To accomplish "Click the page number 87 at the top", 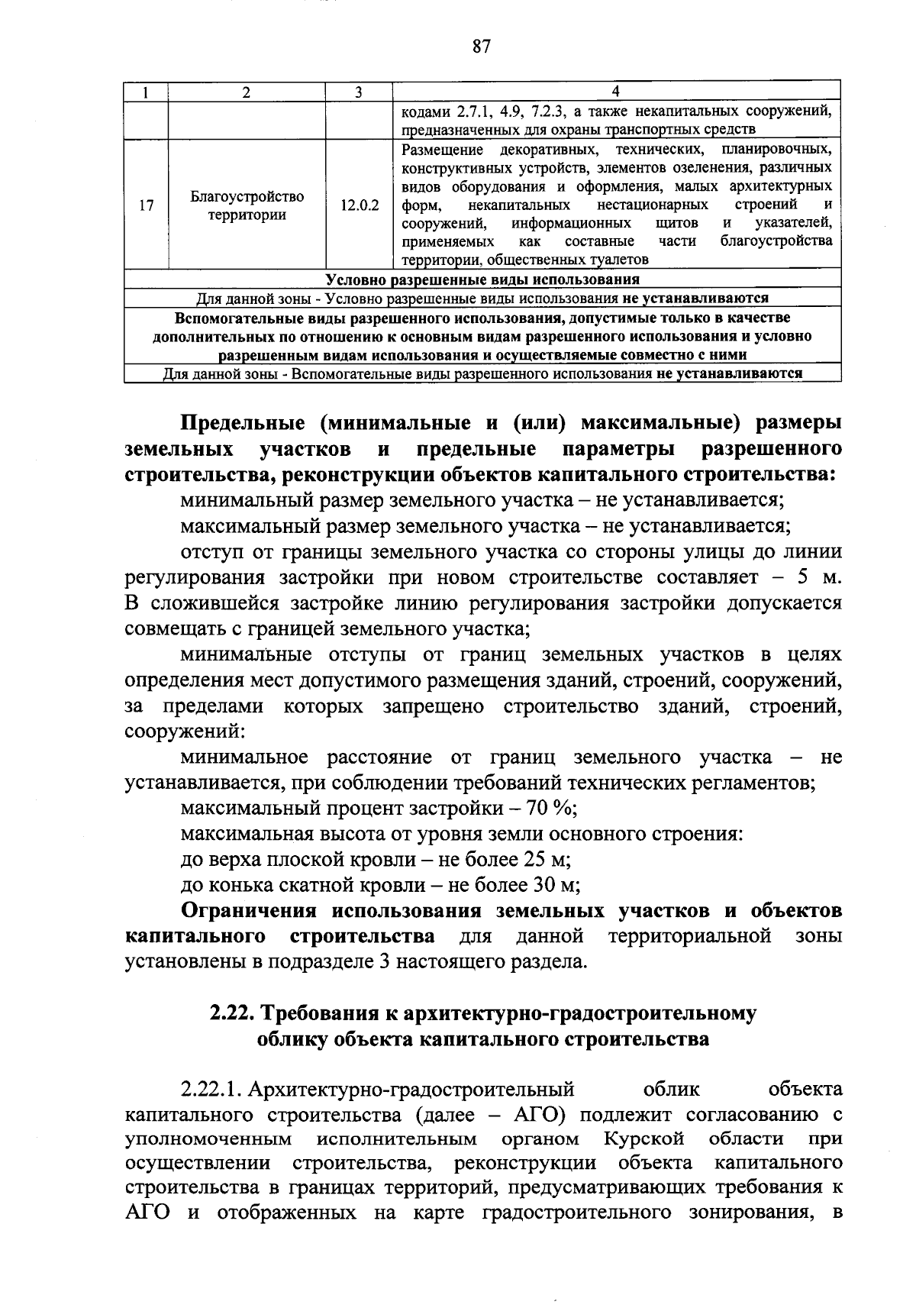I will (x=480, y=47).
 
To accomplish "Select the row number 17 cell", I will (x=147, y=206).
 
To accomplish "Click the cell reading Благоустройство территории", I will (x=247, y=206).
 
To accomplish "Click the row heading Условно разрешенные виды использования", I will (x=482, y=280).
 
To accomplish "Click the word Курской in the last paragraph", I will (x=643, y=1140).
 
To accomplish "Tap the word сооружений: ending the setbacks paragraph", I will (x=184, y=732).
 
